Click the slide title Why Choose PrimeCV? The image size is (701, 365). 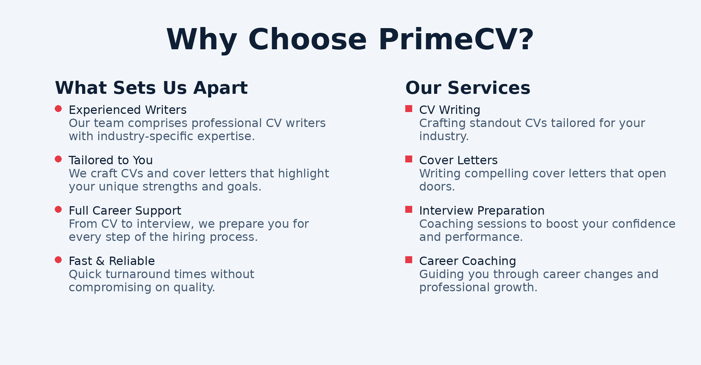(350, 39)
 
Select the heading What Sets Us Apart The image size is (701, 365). (151, 88)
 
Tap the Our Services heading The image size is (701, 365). (468, 88)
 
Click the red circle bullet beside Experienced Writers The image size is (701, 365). (58, 109)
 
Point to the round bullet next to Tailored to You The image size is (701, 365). (58, 159)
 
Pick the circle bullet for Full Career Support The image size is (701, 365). (58, 210)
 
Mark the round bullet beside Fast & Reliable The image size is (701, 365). (58, 260)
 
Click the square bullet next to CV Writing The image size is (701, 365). (409, 109)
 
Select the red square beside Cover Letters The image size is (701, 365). (409, 159)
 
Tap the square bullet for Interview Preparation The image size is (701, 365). (409, 210)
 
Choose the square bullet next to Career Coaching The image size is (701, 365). (409, 260)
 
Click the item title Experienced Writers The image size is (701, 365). (128, 110)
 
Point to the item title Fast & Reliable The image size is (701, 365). (112, 261)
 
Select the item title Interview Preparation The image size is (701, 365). (482, 211)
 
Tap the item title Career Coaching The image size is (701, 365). (468, 261)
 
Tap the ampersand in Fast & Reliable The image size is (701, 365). (100, 261)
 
